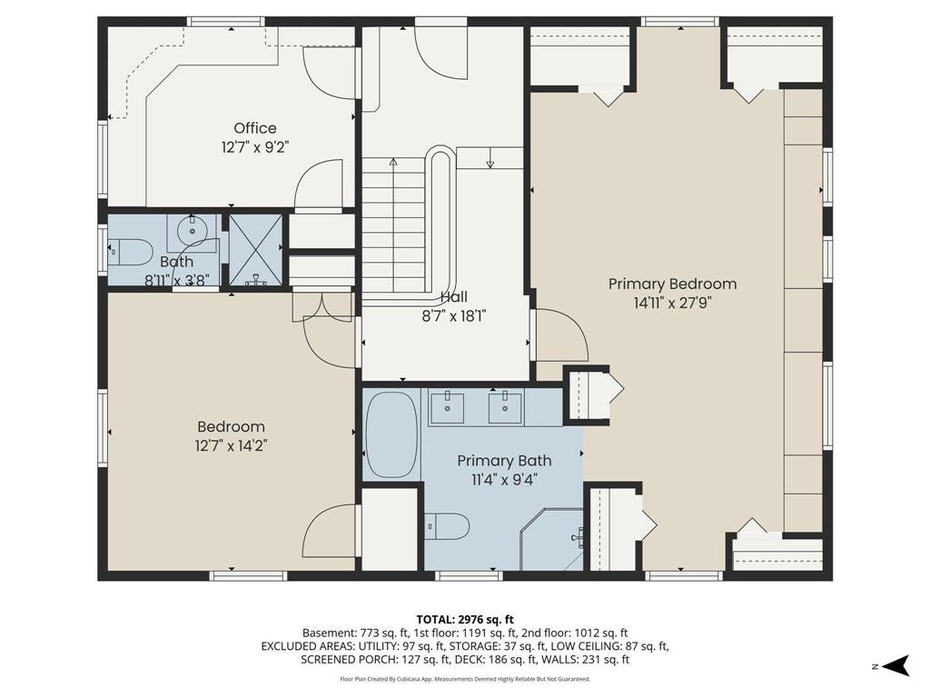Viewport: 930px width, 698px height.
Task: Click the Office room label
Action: (255, 128)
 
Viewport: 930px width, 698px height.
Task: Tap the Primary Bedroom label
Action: (673, 284)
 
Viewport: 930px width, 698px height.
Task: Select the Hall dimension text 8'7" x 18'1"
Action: (454, 316)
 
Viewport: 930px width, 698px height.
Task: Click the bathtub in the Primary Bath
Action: (391, 434)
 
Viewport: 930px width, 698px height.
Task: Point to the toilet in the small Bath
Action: (130, 252)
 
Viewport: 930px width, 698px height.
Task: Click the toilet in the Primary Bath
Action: (449, 526)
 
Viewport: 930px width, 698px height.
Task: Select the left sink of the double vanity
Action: (447, 407)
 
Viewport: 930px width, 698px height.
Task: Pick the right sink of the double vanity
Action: (505, 407)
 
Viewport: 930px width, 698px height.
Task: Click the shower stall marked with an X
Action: (255, 249)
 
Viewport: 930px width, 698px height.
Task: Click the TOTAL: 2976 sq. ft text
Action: (465, 620)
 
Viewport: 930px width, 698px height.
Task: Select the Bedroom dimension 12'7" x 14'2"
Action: (232, 445)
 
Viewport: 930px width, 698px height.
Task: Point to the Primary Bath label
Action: (504, 461)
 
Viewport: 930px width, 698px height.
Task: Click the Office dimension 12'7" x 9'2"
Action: (255, 147)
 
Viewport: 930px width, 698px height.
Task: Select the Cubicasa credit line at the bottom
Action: (465, 679)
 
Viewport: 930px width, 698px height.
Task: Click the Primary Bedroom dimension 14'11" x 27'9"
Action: (673, 303)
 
